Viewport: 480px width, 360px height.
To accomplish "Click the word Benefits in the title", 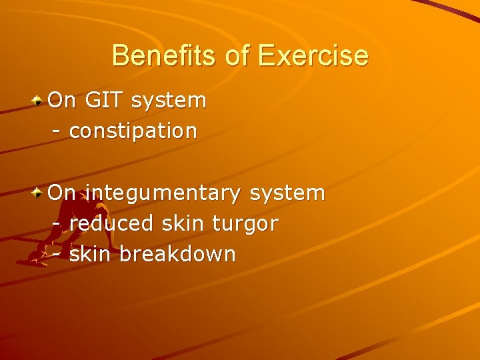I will [165, 55].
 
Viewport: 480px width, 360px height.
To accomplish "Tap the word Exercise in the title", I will [313, 55].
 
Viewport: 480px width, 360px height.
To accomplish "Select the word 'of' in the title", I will [237, 55].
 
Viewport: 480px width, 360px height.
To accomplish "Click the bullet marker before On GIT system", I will [39, 101].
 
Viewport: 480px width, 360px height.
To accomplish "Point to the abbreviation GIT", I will [104, 101].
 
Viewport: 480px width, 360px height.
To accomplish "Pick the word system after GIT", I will [169, 101].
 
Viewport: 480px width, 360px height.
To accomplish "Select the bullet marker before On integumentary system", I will [39, 193].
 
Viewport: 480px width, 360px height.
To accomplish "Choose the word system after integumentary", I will [287, 193].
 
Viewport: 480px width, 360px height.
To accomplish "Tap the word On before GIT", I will [62, 101].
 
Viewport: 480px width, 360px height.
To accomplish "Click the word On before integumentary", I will [62, 193].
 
